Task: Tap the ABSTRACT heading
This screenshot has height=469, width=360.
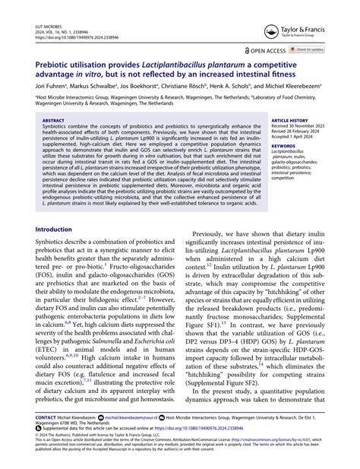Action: click(53, 120)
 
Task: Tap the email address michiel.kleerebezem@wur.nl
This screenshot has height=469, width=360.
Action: click(134, 418)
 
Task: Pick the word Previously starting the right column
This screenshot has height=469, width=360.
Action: click(217, 236)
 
